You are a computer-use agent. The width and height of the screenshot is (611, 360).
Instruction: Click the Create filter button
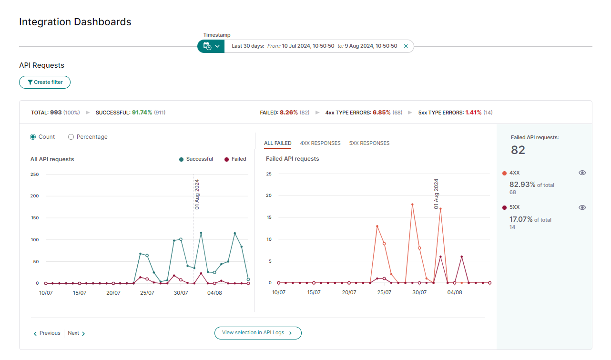(x=45, y=82)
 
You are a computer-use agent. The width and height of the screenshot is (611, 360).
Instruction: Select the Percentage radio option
(x=71, y=137)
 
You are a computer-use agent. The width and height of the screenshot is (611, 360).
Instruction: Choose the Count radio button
(x=33, y=137)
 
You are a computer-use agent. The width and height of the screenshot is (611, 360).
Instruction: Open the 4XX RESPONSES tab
(x=320, y=143)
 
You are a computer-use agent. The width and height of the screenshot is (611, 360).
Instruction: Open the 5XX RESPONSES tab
(x=369, y=143)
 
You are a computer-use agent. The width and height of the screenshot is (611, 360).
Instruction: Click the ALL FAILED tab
(x=277, y=143)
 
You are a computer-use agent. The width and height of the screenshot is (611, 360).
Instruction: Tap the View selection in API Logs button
(x=258, y=333)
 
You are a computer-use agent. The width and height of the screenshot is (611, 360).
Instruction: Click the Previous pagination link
(x=47, y=333)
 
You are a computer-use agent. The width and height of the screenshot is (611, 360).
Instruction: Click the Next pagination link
(x=76, y=333)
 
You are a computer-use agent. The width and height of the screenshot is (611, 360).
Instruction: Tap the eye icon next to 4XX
(x=582, y=173)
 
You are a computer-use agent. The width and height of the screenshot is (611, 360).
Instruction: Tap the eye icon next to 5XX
(x=582, y=207)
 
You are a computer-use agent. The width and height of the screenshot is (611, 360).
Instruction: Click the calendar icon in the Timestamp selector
(x=207, y=46)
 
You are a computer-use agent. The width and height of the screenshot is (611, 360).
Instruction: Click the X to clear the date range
(x=406, y=46)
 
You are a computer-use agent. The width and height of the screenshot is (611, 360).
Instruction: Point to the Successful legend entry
(x=196, y=159)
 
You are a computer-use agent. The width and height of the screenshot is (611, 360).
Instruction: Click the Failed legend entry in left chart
(x=235, y=159)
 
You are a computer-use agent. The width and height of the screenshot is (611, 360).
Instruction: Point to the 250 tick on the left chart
(x=34, y=174)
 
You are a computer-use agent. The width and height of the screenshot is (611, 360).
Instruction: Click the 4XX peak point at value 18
(x=412, y=204)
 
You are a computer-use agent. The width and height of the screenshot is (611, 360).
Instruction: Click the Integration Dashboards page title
(x=75, y=22)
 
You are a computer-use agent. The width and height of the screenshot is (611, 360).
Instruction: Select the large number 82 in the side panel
(x=518, y=150)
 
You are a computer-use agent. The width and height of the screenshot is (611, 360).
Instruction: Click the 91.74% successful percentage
(x=142, y=113)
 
